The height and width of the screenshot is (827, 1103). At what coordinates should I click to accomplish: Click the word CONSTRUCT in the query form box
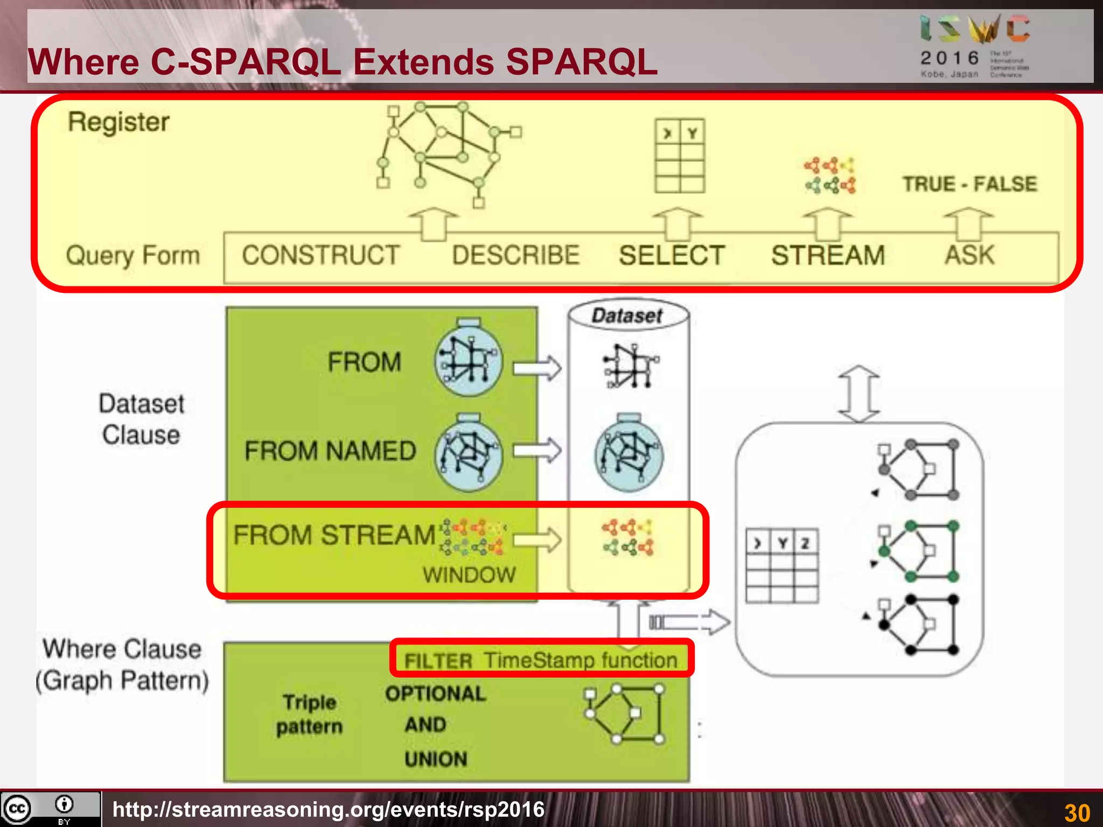click(x=320, y=255)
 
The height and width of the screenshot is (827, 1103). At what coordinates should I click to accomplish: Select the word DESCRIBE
click(x=515, y=255)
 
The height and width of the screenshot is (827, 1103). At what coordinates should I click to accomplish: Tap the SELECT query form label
click(x=672, y=255)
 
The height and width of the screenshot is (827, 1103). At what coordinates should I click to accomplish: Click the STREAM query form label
click(x=828, y=255)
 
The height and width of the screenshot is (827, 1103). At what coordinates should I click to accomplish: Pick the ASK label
click(x=969, y=255)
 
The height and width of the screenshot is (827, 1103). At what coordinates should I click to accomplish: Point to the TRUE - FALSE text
click(x=969, y=184)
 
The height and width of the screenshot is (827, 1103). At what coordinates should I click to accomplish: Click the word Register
click(x=118, y=122)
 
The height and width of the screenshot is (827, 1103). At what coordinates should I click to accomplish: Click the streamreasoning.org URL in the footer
click(x=329, y=809)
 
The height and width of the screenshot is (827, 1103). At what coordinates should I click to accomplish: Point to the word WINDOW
click(x=469, y=575)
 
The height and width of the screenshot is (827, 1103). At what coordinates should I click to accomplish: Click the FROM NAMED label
click(x=330, y=451)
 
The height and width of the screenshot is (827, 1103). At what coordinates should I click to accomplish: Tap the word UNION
click(x=436, y=759)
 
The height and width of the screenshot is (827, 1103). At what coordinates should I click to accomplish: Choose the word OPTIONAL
click(x=435, y=693)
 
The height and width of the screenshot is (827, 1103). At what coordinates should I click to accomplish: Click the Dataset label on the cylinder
click(x=627, y=316)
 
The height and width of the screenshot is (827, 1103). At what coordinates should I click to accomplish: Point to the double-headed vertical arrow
click(x=859, y=394)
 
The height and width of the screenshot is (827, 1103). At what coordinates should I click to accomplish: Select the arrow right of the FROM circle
click(x=536, y=368)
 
